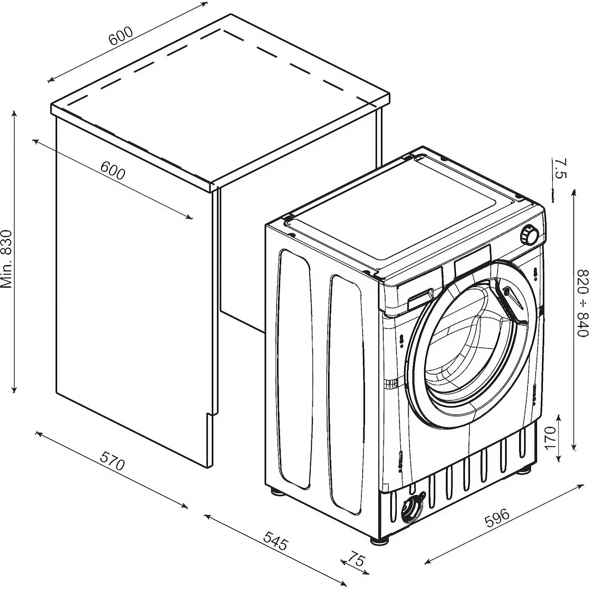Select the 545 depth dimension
pos(276,541)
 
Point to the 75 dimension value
pos(356,560)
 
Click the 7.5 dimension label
pos(560,168)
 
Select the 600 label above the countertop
pos(121,36)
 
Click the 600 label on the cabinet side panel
pos(113,171)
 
